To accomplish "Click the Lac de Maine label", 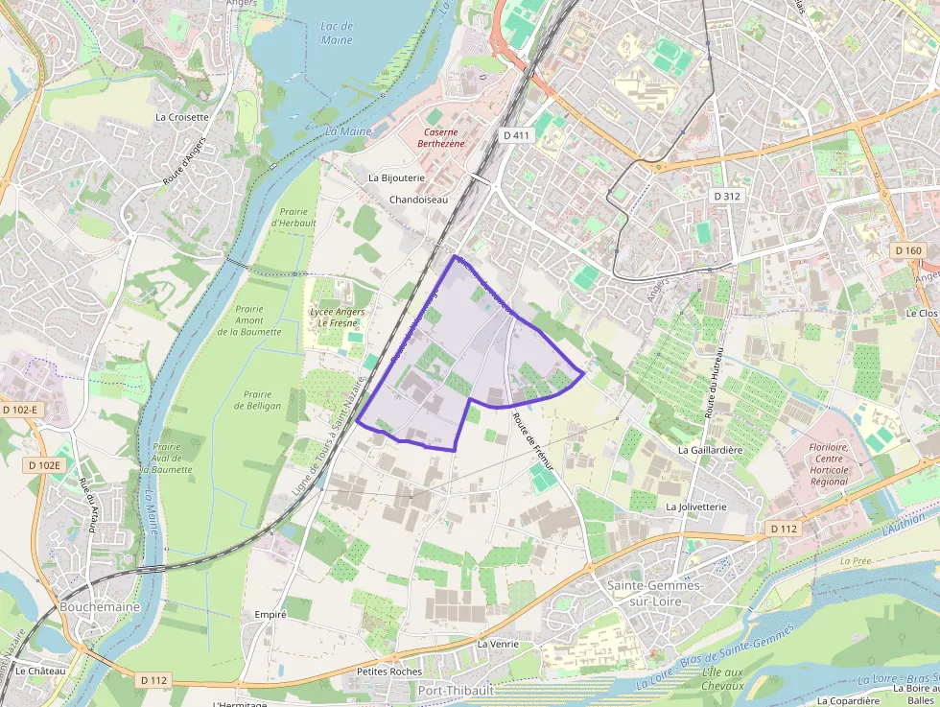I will [336, 34].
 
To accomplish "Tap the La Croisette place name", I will [181, 117].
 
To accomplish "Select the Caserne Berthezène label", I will [441, 137].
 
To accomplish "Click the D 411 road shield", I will [516, 135].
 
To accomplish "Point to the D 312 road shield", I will [726, 196].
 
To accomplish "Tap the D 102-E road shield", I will [20, 410].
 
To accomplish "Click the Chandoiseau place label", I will [418, 200].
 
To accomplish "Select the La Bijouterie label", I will [396, 178].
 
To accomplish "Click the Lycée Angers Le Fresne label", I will [337, 318].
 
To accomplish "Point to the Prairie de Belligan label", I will [258, 400].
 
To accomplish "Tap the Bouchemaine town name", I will [100, 606].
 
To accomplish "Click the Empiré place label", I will [270, 614].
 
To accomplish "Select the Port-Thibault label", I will [456, 690].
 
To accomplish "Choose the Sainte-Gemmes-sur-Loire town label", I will [655, 592].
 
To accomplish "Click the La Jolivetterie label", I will [695, 506].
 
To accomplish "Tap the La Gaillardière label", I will [710, 449].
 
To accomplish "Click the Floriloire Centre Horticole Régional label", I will [828, 463].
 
